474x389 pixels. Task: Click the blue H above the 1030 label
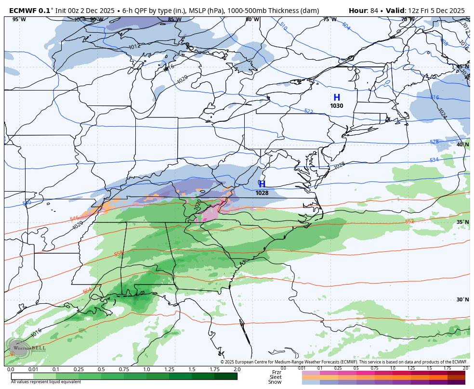pos(337,98)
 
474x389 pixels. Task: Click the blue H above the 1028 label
pos(262,184)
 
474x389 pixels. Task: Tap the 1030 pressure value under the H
pos(337,106)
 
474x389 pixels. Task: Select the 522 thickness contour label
pos(309,111)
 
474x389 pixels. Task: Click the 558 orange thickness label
pos(118,254)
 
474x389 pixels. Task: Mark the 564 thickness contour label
pos(87,291)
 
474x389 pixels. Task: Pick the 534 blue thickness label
pos(434,160)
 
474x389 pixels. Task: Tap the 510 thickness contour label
pos(283,27)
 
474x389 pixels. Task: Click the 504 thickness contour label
pos(346,26)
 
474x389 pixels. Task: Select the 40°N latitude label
pos(462,144)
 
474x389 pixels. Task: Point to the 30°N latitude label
pos(462,299)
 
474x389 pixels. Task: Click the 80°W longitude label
pos(252,20)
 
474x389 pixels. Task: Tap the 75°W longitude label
pos(329,20)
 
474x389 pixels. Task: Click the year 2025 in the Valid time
pos(455,10)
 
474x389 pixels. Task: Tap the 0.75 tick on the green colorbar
pos(124,369)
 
